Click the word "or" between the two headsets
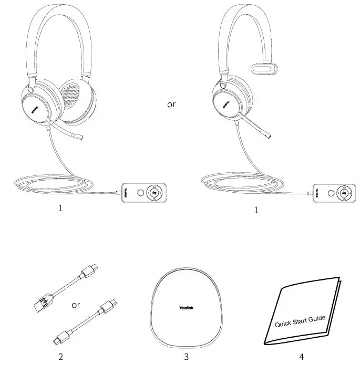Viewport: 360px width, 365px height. (x=171, y=104)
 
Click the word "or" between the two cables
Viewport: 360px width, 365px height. (x=76, y=305)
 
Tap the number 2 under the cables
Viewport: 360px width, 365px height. (x=61, y=357)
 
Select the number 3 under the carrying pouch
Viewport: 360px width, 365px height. (x=186, y=357)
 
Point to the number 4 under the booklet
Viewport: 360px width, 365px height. (x=301, y=357)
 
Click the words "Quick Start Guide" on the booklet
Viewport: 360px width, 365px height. (x=300, y=321)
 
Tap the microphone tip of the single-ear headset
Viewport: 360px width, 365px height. (x=269, y=137)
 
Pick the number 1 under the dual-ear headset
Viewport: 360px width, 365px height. (x=61, y=208)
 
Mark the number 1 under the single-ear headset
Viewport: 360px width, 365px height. (x=256, y=210)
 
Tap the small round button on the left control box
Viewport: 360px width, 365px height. (x=139, y=193)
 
